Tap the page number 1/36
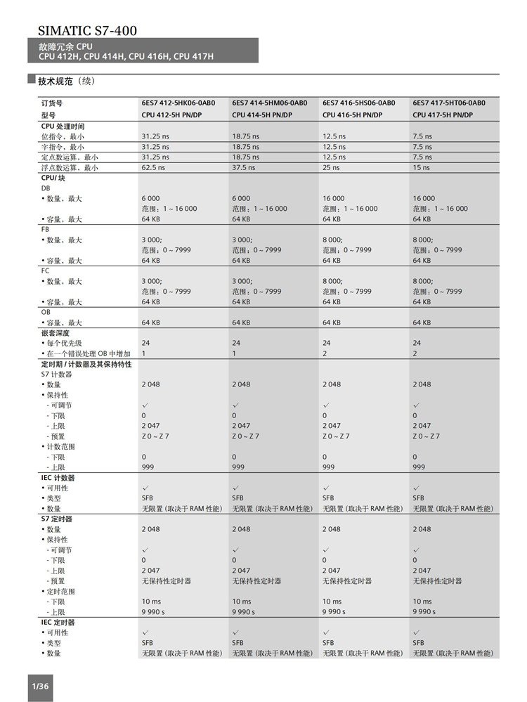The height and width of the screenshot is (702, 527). [39, 685]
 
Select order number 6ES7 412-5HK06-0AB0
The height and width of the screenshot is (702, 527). [178, 103]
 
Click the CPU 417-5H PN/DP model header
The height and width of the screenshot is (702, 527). [443, 115]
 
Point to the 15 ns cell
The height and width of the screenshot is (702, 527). [422, 168]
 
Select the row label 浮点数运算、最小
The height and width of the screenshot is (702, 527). [70, 168]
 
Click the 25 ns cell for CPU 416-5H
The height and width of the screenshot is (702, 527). [331, 168]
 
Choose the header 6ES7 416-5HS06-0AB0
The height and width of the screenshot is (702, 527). [358, 103]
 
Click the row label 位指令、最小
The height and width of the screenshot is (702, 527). [63, 136]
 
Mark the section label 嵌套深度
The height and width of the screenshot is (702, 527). [56, 332]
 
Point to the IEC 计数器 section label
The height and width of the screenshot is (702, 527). [58, 477]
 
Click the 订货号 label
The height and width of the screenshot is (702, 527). [52, 103]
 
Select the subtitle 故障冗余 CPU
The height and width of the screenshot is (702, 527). [65, 46]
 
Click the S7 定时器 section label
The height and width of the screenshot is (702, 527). [57, 519]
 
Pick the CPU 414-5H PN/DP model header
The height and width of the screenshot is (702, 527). [262, 115]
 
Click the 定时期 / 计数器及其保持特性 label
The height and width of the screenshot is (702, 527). [86, 364]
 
